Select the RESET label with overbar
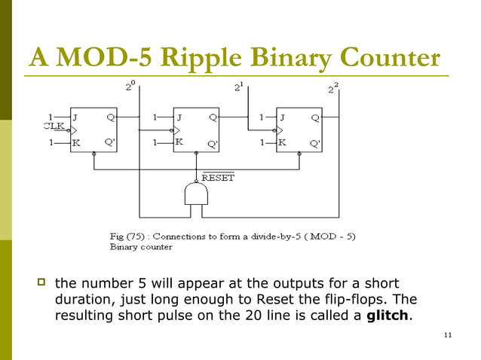click(219, 178)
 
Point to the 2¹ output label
click(237, 87)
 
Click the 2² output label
click(332, 89)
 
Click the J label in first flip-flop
click(76, 117)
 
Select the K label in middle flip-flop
click(179, 142)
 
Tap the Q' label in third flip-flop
click(315, 143)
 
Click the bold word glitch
click(388, 316)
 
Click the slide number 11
click(448, 334)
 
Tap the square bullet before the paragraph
click(42, 283)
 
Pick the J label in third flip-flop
click(282, 117)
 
